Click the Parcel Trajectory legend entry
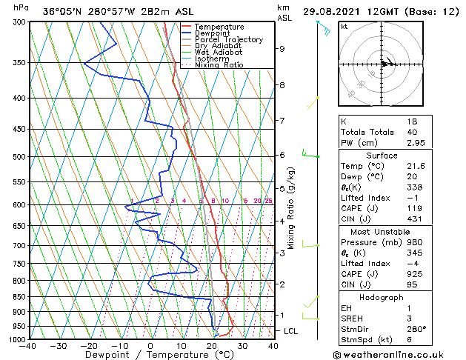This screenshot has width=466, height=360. click(x=229, y=39)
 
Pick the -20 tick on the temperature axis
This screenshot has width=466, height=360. click(x=89, y=346)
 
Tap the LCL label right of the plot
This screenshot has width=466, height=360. click(x=291, y=331)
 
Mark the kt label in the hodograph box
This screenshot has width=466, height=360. click(x=344, y=27)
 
